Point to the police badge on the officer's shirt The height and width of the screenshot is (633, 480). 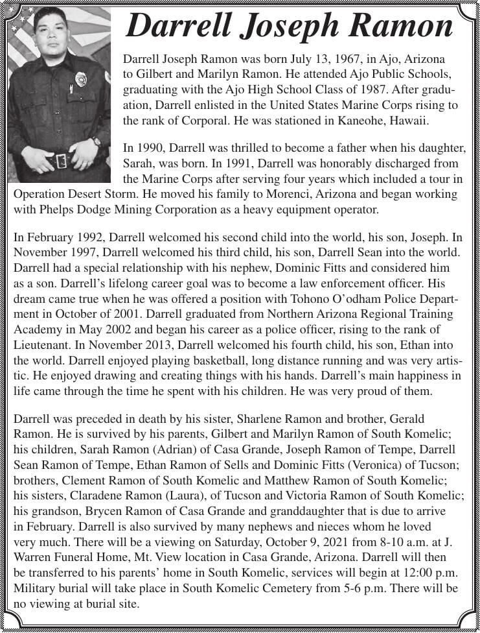pos(80,79)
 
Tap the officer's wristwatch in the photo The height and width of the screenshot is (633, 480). pos(97,141)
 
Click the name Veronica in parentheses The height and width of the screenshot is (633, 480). pos(361,465)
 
